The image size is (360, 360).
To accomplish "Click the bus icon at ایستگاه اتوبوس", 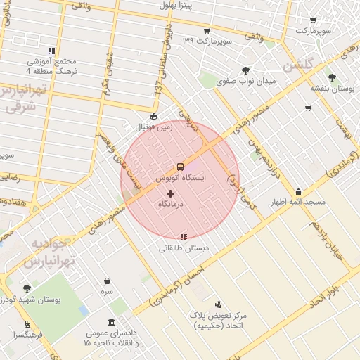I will click(180, 167).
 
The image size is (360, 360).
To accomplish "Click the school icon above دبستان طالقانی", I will click(184, 237).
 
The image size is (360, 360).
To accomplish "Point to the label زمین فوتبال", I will click(154, 127).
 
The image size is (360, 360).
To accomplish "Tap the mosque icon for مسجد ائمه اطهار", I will click(299, 191).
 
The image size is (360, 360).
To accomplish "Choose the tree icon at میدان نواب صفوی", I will click(245, 70).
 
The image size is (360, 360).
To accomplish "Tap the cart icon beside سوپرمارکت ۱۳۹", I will click(206, 31).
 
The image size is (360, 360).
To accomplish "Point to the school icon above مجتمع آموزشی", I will click(51, 51).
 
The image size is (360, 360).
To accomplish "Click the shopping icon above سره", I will click(107, 281).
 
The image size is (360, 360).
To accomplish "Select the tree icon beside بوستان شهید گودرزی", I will click(27, 288).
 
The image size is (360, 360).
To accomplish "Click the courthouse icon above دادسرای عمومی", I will click(112, 322).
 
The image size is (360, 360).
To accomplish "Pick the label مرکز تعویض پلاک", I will click(224, 316).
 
